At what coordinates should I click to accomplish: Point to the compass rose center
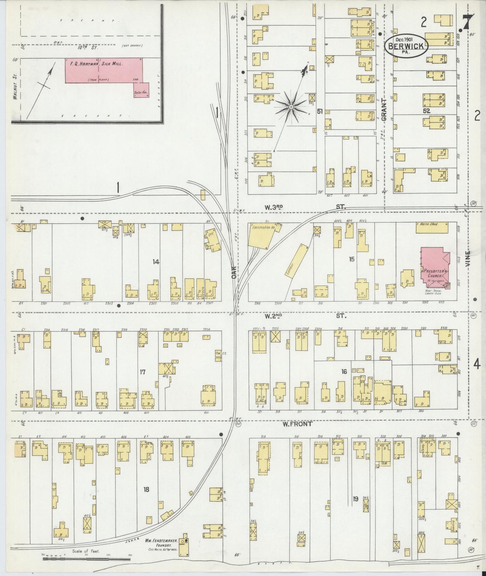click(291, 107)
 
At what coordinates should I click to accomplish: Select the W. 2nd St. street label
click(273, 316)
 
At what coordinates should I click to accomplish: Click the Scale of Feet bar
click(86, 559)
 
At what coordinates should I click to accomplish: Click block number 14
click(155, 262)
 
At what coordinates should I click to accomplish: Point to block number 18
click(146, 489)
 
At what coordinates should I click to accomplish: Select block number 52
click(427, 110)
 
